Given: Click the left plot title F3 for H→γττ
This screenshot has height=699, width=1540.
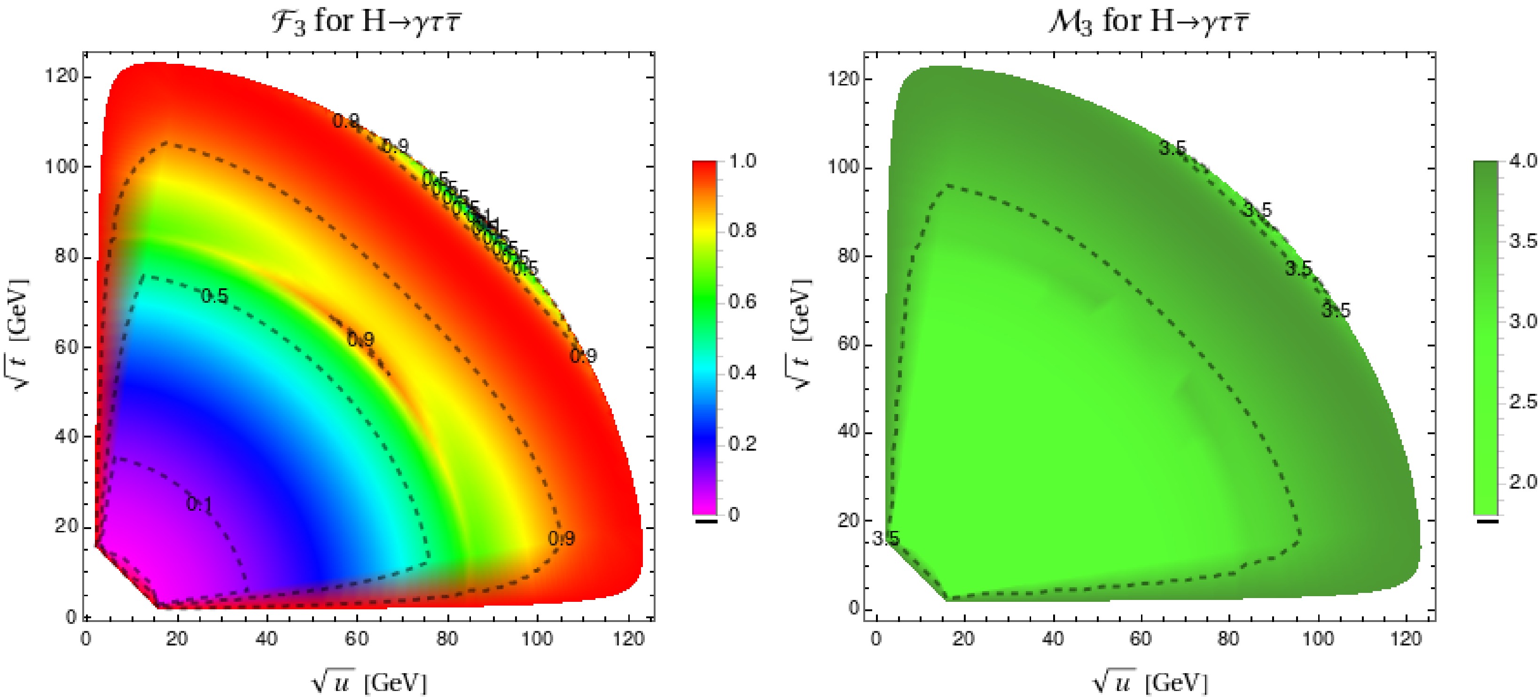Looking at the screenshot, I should pyautogui.click(x=366, y=22).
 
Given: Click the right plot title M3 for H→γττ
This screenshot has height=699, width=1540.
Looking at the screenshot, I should pyautogui.click(x=1149, y=22).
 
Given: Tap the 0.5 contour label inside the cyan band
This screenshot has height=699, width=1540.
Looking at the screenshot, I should pyautogui.click(x=214, y=296).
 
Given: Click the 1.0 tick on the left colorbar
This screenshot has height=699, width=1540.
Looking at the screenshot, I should pyautogui.click(x=743, y=161).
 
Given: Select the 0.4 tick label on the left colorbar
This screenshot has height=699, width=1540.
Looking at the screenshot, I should pyautogui.click(x=743, y=373).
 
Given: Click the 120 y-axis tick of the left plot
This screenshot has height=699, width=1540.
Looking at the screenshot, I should pyautogui.click(x=62, y=77).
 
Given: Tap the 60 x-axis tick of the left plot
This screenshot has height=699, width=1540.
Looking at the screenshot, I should pyautogui.click(x=357, y=638).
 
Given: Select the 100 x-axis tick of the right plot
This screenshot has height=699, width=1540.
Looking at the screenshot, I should pyautogui.click(x=1318, y=638).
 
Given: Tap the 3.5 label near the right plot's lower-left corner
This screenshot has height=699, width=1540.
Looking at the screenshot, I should pyautogui.click(x=885, y=539).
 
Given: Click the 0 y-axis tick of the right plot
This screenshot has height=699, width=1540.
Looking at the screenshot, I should pyautogui.click(x=853, y=609).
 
